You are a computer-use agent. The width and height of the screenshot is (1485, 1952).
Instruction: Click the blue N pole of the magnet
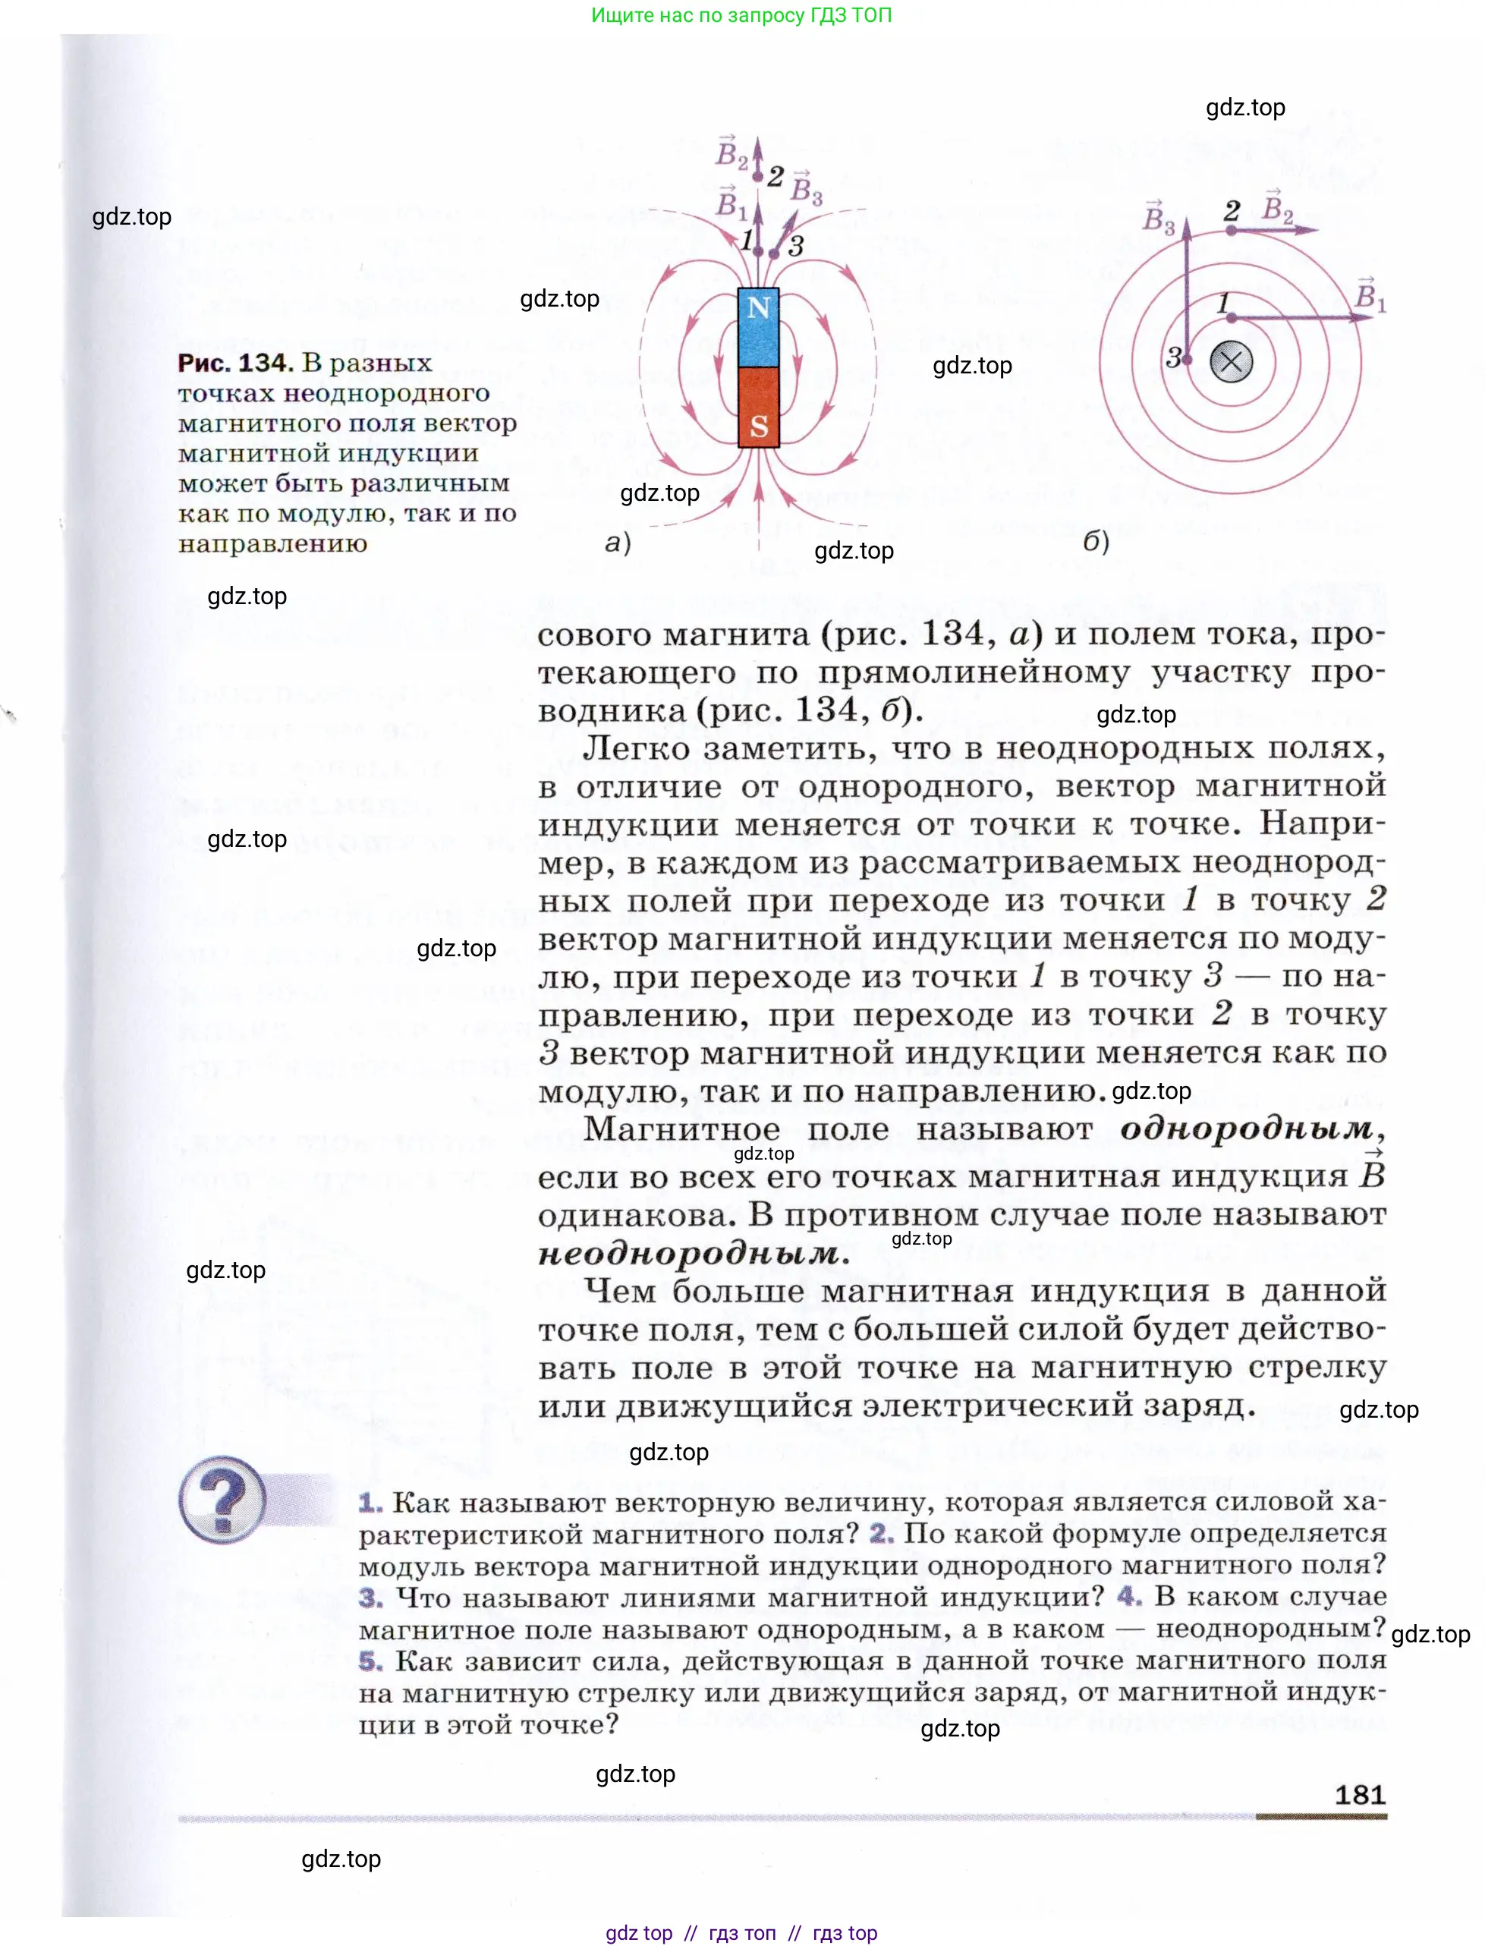click(x=758, y=327)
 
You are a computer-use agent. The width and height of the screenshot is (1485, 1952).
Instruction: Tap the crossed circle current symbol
click(x=1231, y=361)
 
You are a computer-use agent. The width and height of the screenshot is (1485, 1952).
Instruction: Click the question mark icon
click(x=223, y=1500)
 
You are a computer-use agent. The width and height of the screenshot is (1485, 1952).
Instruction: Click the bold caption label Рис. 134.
click(x=234, y=363)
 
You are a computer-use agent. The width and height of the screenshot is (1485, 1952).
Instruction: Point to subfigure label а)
click(x=618, y=542)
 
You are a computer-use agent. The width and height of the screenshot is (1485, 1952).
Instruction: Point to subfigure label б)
click(x=1096, y=540)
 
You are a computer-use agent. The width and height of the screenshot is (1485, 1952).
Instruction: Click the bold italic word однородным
click(x=1246, y=1129)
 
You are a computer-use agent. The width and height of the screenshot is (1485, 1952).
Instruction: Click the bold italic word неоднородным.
click(x=690, y=1254)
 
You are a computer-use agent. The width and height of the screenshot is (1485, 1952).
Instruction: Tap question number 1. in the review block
click(x=370, y=1502)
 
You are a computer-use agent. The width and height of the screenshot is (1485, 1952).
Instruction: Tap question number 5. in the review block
click(x=370, y=1661)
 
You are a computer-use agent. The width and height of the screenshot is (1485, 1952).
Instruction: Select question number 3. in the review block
click(x=370, y=1598)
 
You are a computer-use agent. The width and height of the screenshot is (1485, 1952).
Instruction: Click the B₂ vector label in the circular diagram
click(x=1278, y=208)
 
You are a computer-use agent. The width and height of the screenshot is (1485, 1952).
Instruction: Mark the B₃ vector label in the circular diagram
click(x=1158, y=218)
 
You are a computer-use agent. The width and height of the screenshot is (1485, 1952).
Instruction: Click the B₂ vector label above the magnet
click(x=731, y=153)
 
